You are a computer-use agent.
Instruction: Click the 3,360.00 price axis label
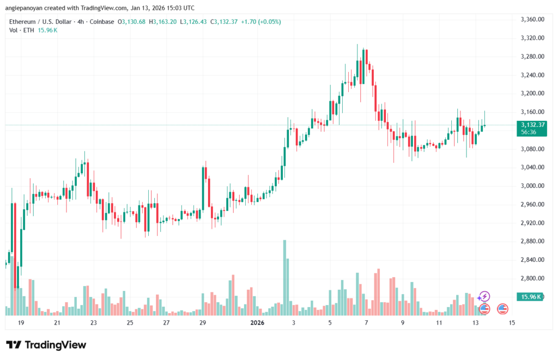tap(533, 20)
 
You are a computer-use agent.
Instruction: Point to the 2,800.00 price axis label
tap(533, 278)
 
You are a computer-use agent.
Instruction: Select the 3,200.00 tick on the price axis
tap(533, 94)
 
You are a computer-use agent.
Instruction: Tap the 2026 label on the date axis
tap(257, 323)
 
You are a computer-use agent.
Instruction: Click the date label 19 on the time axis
tap(21, 323)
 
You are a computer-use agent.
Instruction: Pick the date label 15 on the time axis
tap(512, 323)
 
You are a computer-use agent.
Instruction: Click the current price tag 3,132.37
tap(533, 125)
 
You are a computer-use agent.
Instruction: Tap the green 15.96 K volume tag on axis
tap(533, 297)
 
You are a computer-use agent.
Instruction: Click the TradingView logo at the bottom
tap(46, 345)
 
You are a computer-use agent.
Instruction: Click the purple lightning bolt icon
tap(483, 297)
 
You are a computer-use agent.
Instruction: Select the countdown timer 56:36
tap(528, 132)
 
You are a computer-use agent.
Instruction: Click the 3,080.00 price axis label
tap(533, 149)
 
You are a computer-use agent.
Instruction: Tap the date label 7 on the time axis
tap(367, 323)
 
